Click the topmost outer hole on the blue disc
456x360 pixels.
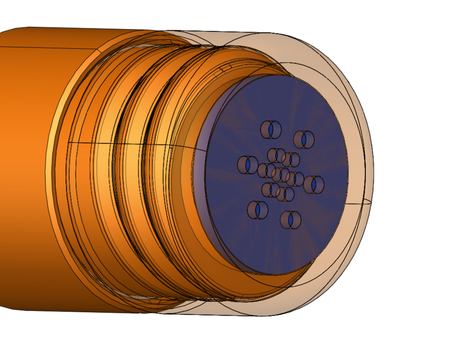coord(271,129)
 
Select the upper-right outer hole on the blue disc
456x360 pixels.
coord(304,139)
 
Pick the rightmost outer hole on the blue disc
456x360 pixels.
coord(314,184)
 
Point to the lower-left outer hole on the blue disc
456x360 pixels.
coord(257,210)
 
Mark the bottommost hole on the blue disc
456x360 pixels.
coord(290,219)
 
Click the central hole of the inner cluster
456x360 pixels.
coord(280,174)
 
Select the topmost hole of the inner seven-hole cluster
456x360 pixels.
coord(276,155)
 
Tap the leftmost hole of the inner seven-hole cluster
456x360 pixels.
coord(266,170)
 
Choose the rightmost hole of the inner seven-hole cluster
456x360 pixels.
coord(294,179)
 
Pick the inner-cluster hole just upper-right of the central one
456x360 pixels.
coord(290,160)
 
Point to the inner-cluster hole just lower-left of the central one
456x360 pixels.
coord(270,190)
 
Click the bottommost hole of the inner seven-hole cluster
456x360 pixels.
coord(285,194)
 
